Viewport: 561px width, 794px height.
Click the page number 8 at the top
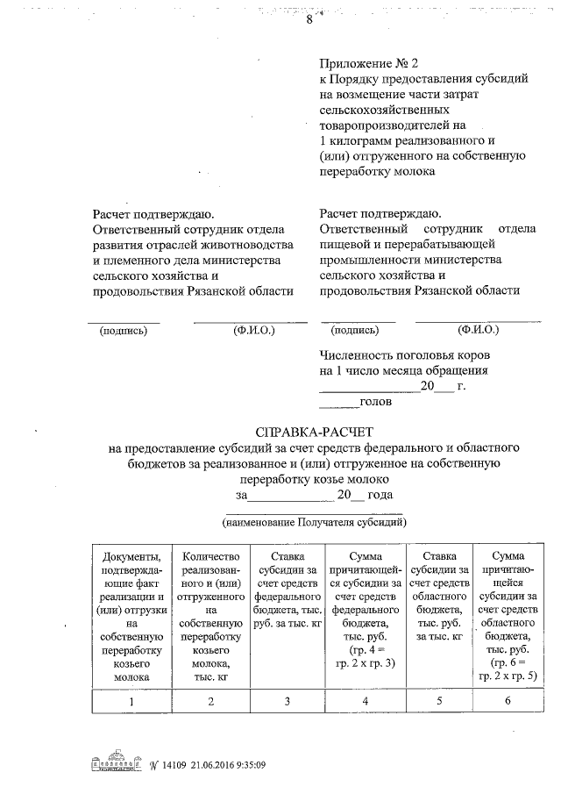pyautogui.click(x=309, y=22)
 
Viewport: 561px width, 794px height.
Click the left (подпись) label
pyautogui.click(x=124, y=331)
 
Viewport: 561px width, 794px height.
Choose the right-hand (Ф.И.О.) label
pyautogui.click(x=478, y=331)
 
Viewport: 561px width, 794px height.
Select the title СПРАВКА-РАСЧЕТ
pyautogui.click(x=313, y=433)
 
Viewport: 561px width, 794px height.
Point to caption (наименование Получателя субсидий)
pyautogui.click(x=313, y=523)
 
